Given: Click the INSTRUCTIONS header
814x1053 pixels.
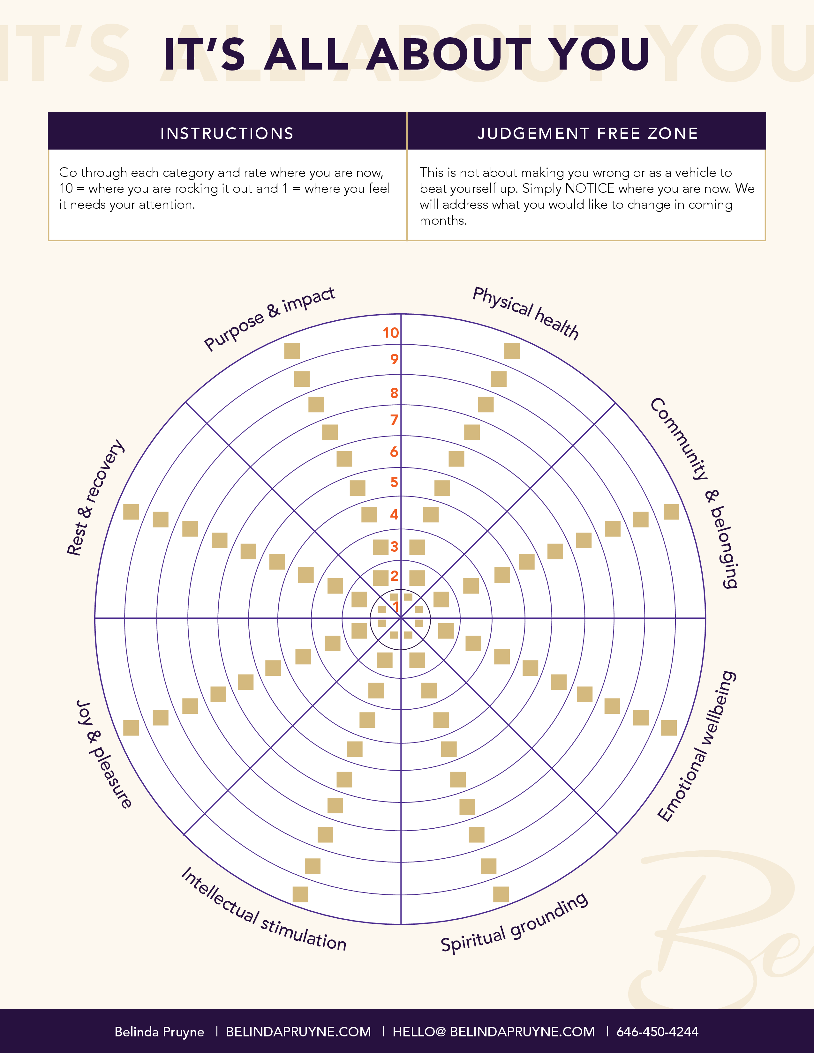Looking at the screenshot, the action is [227, 134].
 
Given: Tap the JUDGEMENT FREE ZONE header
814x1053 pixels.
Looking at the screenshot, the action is [588, 134].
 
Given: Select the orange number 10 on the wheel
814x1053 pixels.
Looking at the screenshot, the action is [391, 333].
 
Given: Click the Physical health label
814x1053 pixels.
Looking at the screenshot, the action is [526, 312].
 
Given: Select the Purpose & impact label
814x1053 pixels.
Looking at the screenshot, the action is [269, 318].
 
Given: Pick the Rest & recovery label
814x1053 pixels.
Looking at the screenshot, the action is [95, 497].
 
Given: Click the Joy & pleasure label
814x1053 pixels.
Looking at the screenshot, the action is [104, 754].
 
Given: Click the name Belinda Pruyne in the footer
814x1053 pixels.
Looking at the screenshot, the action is [159, 1032].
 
